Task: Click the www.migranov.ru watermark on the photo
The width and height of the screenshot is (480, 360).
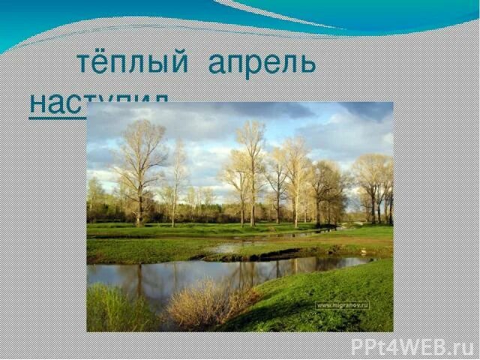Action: tap(343, 305)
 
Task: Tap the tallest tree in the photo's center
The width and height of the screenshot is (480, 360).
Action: tap(251, 165)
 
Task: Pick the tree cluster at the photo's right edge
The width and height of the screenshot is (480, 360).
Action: tap(375, 187)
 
